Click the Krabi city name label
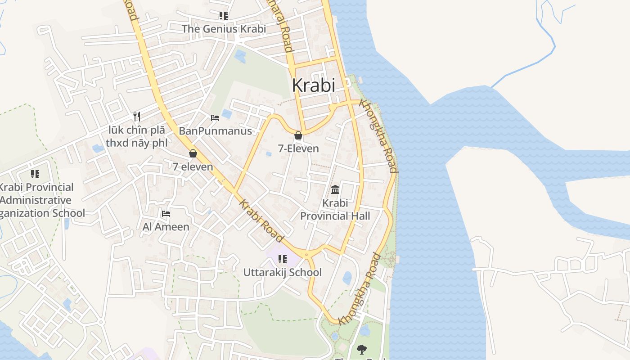314,85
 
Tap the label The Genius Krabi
224,29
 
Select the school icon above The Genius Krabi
224,16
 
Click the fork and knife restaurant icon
137,117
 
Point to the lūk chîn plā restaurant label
136,137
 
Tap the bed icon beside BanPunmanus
215,118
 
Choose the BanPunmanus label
215,131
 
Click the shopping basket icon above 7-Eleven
298,135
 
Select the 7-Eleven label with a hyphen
298,148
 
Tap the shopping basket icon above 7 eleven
193,153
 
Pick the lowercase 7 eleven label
193,166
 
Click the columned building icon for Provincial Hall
335,189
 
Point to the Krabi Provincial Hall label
335,210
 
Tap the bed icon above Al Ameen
166,214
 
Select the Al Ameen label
166,227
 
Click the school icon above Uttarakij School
283,259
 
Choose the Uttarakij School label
283,272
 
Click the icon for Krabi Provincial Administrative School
35,174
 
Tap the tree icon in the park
361,349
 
